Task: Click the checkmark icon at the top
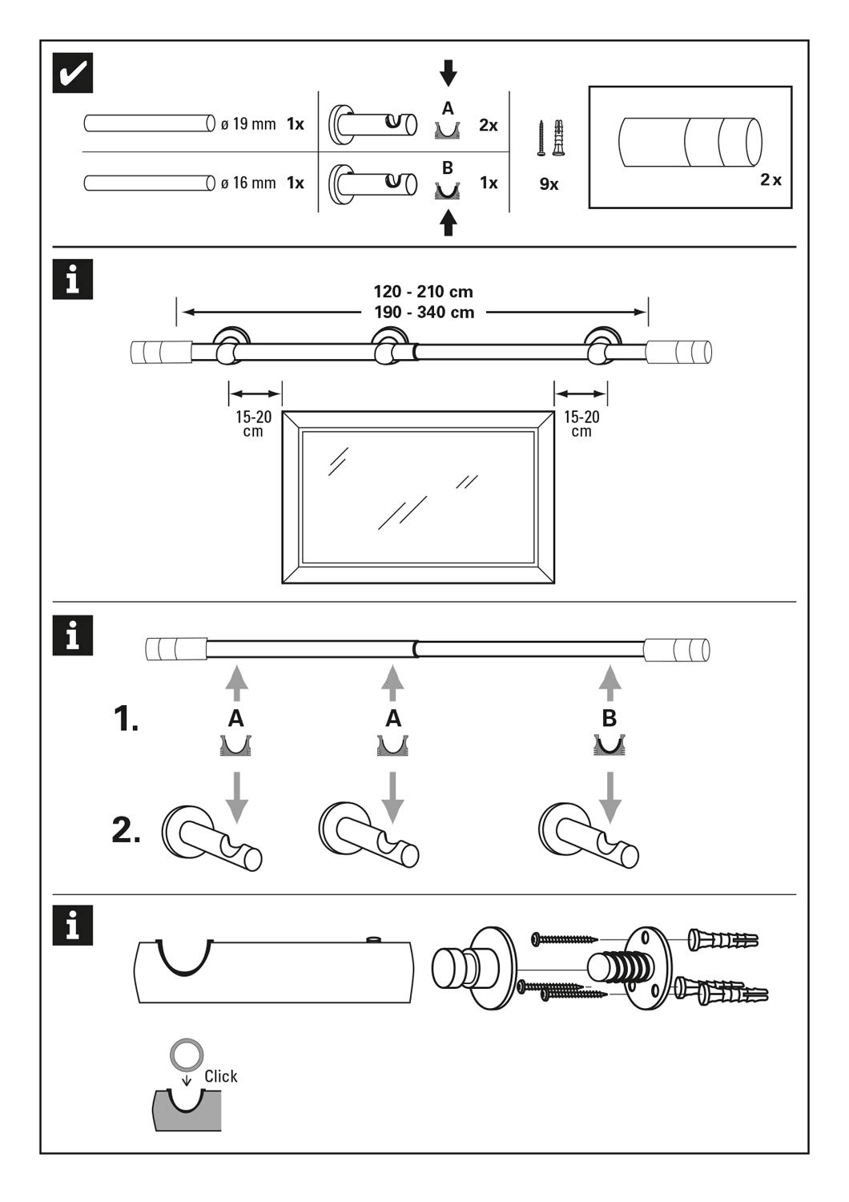[73, 72]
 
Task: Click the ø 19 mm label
[248, 124]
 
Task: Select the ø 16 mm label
[248, 183]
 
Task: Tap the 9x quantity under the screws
[549, 184]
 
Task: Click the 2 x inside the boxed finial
[771, 179]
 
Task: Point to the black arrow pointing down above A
[449, 73]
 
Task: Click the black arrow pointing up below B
[449, 222]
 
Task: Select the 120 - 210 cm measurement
[423, 292]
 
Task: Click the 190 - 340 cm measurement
[424, 313]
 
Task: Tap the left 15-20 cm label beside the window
[253, 424]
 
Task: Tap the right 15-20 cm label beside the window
[581, 424]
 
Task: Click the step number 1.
[126, 719]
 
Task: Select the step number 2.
[126, 830]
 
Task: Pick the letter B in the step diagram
[610, 719]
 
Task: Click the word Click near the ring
[220, 1076]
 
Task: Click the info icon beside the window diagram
[73, 280]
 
